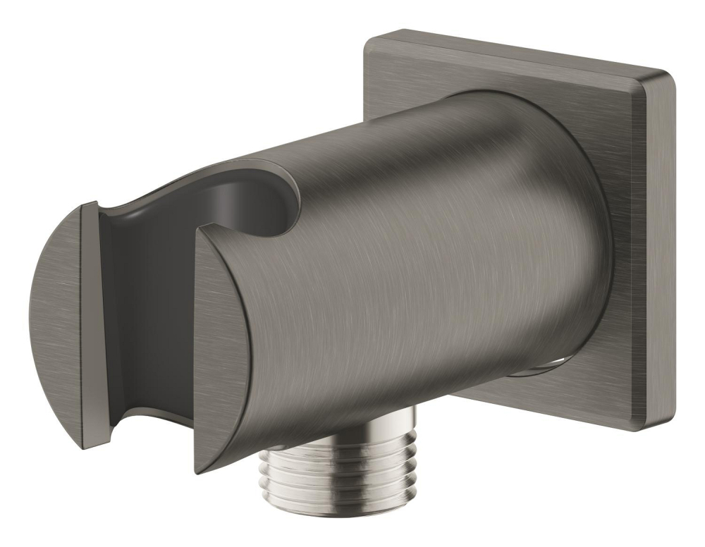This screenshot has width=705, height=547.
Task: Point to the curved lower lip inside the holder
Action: click(152, 416)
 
